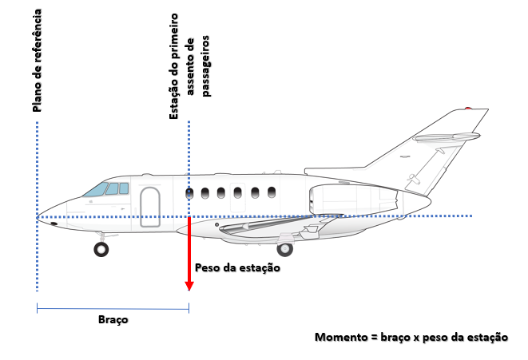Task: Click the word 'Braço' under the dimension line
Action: click(113, 318)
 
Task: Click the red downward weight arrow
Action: click(189, 255)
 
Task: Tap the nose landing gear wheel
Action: click(101, 249)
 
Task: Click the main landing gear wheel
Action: click(284, 249)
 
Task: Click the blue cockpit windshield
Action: click(96, 190)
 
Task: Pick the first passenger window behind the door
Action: click(189, 192)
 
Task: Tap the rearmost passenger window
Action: click(272, 192)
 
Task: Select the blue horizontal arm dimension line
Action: click(113, 307)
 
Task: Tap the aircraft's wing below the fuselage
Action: click(264, 227)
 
